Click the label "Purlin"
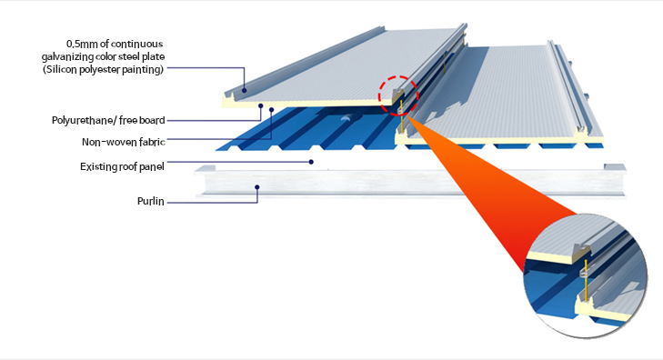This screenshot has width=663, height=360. tap(151, 201)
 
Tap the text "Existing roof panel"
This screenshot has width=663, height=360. tap(122, 167)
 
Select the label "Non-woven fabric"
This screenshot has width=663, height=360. tap(124, 142)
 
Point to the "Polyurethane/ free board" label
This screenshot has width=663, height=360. tap(108, 120)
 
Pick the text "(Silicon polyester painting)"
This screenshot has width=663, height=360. tap(103, 69)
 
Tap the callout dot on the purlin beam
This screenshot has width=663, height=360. tap(257, 186)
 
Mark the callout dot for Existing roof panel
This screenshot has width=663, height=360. tap(311, 162)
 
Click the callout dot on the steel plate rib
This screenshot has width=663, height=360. tap(245, 90)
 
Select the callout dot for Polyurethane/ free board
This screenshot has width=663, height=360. tap(261, 105)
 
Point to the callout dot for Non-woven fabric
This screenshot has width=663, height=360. tap(271, 110)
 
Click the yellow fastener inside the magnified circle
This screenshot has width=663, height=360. tap(586, 280)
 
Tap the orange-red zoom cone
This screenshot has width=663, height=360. tap(487, 190)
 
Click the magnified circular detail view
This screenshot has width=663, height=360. tap(586, 275)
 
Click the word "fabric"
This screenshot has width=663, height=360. tap(151, 142)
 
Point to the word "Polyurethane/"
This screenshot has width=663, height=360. tap(84, 120)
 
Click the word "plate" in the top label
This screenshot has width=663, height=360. tap(154, 56)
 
